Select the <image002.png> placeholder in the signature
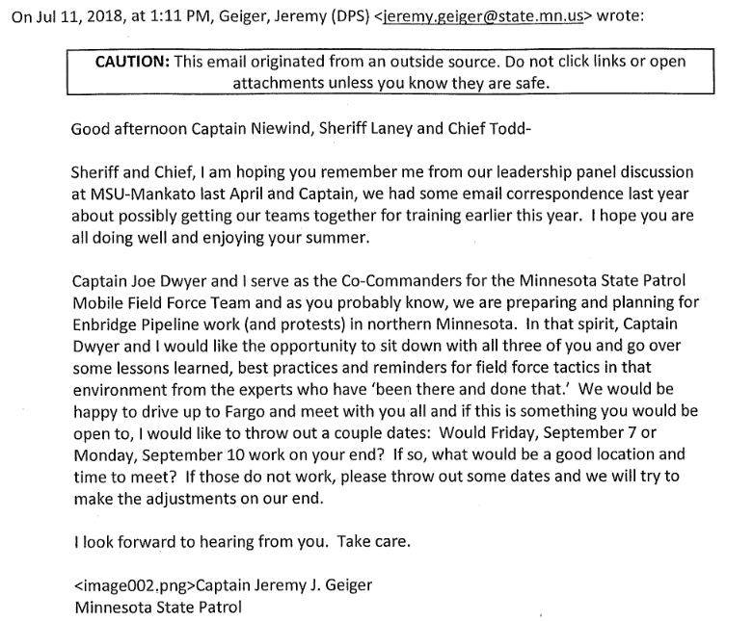pos(134,586)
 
